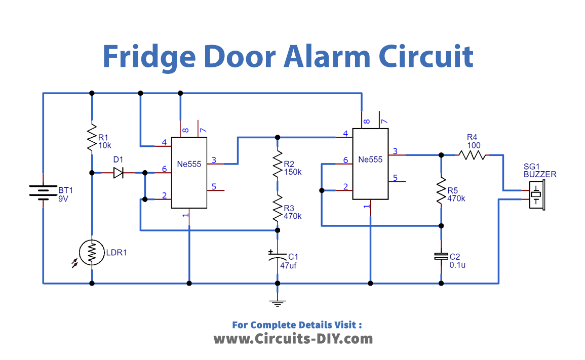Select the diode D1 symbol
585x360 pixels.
(x=119, y=173)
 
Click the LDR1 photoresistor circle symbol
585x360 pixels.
(x=92, y=253)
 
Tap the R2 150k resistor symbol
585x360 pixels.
(x=277, y=163)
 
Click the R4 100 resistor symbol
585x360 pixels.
(x=472, y=154)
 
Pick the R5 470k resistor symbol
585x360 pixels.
(x=441, y=190)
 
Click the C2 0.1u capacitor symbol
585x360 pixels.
(x=441, y=257)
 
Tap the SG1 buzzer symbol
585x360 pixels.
(x=535, y=194)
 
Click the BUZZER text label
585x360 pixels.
(x=540, y=174)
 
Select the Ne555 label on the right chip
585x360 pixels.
(x=370, y=159)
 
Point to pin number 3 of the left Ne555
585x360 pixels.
(x=214, y=161)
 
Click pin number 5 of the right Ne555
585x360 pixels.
(x=396, y=178)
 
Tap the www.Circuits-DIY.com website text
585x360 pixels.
(x=293, y=338)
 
